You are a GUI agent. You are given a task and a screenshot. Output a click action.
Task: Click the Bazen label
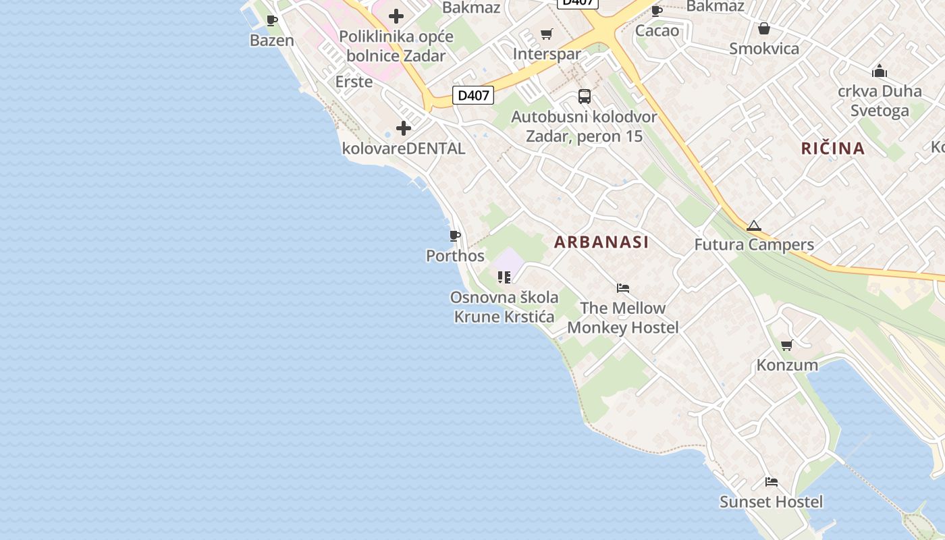pyautogui.click(x=272, y=40)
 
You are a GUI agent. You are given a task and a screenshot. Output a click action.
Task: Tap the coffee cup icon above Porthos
pyautogui.click(x=455, y=236)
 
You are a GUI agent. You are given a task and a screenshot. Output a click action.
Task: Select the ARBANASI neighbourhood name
pyautogui.click(x=601, y=242)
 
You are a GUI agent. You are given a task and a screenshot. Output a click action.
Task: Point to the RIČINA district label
pyautogui.click(x=833, y=148)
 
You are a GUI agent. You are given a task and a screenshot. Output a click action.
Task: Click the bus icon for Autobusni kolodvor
pyautogui.click(x=585, y=97)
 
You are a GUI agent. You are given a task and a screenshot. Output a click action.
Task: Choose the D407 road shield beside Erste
pyautogui.click(x=473, y=95)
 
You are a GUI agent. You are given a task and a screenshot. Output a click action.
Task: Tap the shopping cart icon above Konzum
pyautogui.click(x=786, y=346)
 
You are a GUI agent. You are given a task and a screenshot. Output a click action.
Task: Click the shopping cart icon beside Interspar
pyautogui.click(x=547, y=34)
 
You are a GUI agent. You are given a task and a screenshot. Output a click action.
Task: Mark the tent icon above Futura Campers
pyautogui.click(x=754, y=226)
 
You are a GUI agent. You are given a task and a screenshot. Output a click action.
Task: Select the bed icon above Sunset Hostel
pyautogui.click(x=772, y=482)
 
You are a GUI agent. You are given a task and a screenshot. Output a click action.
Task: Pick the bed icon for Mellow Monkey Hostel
pyautogui.click(x=623, y=288)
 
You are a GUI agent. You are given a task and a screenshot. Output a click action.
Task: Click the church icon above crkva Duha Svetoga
pyautogui.click(x=880, y=71)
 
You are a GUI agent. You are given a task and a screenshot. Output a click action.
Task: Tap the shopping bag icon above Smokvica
pyautogui.click(x=764, y=28)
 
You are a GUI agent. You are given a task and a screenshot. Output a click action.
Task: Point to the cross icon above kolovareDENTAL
pyautogui.click(x=404, y=128)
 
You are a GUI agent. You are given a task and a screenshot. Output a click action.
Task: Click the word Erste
pyautogui.click(x=354, y=82)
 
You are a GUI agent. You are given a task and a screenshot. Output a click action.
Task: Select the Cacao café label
pyautogui.click(x=657, y=31)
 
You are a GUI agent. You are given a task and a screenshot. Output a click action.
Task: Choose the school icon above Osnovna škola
pyautogui.click(x=504, y=277)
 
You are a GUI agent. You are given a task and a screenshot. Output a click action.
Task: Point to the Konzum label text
pyautogui.click(x=787, y=365)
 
